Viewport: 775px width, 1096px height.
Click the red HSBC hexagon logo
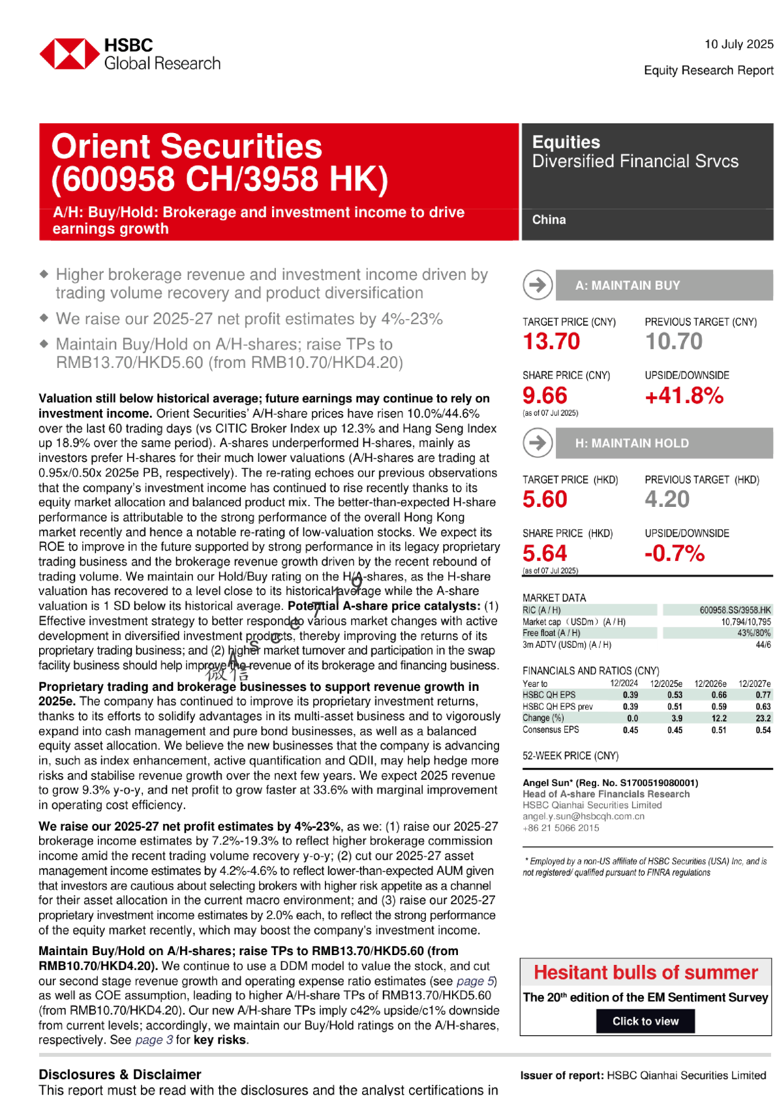[70, 54]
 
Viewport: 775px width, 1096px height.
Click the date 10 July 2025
[738, 44]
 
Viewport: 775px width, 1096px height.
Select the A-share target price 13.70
[551, 341]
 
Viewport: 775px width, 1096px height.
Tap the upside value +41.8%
[684, 395]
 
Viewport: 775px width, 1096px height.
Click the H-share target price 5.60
[545, 499]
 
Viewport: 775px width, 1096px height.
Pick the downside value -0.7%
[674, 553]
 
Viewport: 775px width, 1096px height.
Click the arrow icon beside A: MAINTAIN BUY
[538, 285]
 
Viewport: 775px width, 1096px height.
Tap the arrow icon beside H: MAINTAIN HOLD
[538, 443]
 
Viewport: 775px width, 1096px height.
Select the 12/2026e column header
[710, 684]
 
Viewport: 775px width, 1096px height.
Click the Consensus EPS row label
[551, 730]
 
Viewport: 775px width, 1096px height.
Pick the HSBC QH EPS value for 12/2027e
[763, 695]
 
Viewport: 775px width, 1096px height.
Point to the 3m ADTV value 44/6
[763, 645]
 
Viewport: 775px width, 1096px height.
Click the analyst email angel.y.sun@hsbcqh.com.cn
[583, 816]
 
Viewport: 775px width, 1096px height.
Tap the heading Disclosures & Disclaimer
[120, 1074]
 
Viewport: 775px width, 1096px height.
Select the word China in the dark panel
[549, 220]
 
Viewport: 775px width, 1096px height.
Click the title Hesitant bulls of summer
[645, 972]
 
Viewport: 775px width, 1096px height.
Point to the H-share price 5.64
[545, 553]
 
